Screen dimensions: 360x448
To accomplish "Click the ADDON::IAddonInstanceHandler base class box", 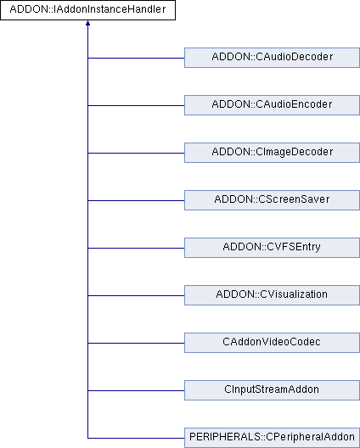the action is click(87, 10).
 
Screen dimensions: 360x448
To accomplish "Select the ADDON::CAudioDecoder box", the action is click(272, 58).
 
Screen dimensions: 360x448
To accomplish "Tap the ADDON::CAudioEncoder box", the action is click(272, 105).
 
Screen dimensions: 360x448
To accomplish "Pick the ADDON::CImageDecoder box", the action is click(272, 153).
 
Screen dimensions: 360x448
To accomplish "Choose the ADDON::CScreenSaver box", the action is click(272, 200).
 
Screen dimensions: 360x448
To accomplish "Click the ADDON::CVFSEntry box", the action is click(272, 248).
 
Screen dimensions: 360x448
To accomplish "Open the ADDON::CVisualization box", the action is click(272, 295).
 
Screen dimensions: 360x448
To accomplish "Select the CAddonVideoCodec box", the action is click(272, 343).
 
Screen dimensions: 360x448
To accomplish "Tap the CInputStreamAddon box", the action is click(272, 390).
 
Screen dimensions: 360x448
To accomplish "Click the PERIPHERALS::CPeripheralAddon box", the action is click(272, 438).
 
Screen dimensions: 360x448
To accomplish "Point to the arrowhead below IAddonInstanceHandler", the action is click(87, 23).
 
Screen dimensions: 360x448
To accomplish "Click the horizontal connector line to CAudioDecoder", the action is click(136, 58).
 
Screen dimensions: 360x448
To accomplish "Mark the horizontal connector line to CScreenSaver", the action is click(136, 200).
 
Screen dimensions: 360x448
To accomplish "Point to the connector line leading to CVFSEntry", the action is click(136, 248).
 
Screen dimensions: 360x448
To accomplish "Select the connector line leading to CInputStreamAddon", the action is click(136, 390).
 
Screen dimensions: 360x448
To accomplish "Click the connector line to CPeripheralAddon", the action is click(136, 438).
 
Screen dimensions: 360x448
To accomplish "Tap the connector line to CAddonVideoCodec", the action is click(136, 343).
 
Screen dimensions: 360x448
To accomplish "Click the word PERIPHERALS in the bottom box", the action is click(225, 437).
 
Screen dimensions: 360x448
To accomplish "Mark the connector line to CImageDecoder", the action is click(136, 153).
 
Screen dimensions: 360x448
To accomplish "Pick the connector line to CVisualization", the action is click(136, 296).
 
